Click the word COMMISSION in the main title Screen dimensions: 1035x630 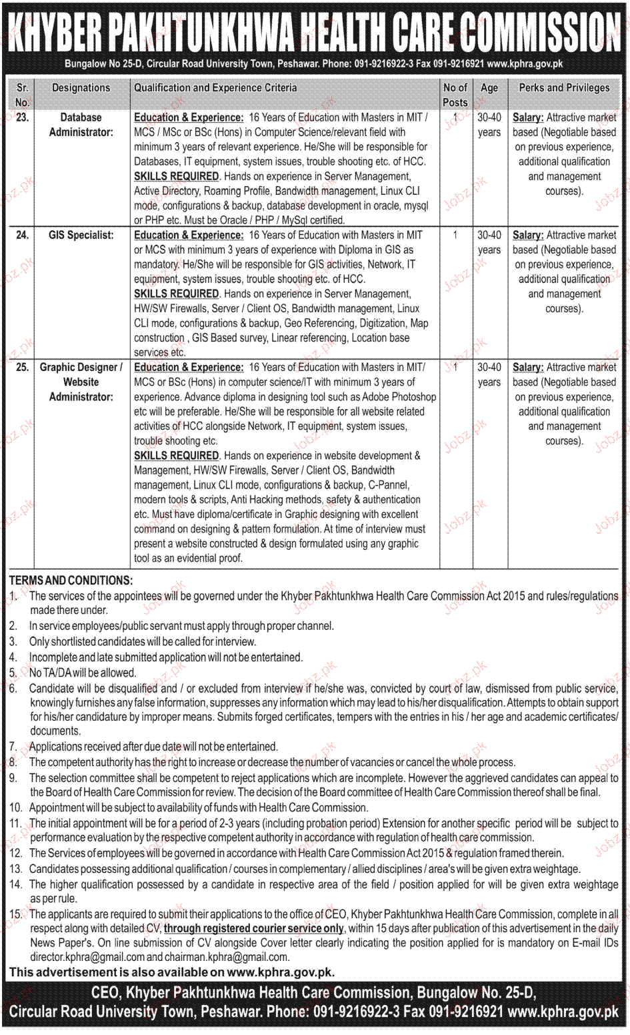click(540, 31)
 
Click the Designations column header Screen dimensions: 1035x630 click(81, 87)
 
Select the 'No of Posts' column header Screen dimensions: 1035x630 click(455, 95)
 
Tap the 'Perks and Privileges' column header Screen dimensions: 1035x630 click(564, 87)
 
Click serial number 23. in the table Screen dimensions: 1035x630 click(22, 117)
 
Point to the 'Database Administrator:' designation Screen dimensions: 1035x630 click(81, 125)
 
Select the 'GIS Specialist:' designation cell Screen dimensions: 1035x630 click(81, 235)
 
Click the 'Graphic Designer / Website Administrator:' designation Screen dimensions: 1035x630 click(81, 382)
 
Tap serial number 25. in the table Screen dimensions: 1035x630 click(22, 367)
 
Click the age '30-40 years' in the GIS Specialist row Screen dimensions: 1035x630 click(489, 242)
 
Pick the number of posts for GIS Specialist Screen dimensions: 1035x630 click(455, 235)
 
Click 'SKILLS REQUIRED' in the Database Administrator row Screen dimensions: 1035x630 click(177, 176)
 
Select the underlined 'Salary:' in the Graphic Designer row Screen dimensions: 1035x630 click(528, 367)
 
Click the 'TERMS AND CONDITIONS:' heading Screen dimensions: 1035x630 click(71, 581)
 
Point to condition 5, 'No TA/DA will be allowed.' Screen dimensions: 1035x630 click(82, 673)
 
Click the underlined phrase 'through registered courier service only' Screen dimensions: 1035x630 click(254, 928)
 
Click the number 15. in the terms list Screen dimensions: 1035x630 click(16, 914)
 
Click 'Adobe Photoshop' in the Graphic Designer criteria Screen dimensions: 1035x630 click(399, 396)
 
